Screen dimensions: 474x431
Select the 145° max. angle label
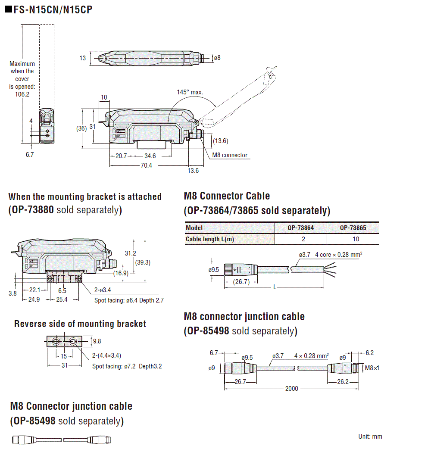pos(190,92)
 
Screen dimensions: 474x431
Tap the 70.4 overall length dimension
pos(146,165)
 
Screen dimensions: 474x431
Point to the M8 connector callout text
pos(230,155)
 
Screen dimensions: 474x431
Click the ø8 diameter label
pos(217,58)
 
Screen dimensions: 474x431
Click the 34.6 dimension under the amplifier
pos(150,156)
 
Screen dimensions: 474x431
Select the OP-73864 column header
pos(301,228)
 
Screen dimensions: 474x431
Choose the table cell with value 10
pos(353,239)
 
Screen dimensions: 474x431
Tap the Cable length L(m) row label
pos(210,239)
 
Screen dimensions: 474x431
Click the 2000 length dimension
pos(291,388)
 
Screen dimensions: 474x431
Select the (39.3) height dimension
pos(143,262)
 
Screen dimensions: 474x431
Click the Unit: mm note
pos(370,437)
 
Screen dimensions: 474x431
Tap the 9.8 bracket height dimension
pos(97,341)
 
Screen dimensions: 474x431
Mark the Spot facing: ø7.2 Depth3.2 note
pos(127,366)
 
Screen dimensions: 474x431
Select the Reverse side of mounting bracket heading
pos(80,324)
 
